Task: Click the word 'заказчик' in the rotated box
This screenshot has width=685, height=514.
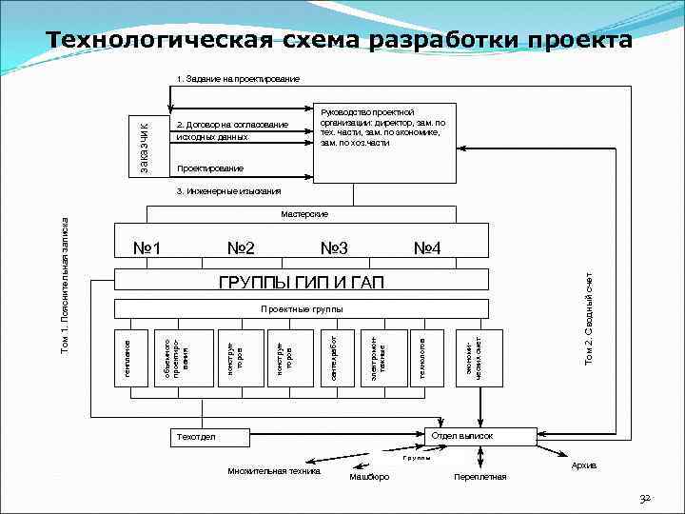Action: click(x=141, y=146)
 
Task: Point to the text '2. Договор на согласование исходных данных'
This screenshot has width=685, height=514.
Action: click(x=231, y=131)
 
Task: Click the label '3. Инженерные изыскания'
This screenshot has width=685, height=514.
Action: click(x=228, y=191)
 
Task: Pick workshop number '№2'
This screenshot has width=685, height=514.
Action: click(x=241, y=249)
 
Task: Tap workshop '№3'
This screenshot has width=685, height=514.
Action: click(x=334, y=249)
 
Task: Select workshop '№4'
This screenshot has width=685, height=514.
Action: click(x=425, y=249)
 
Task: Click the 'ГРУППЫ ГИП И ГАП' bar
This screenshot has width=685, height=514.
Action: click(x=301, y=282)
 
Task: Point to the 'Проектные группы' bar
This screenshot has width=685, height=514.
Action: click(x=301, y=309)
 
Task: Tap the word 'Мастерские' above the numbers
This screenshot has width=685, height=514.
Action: click(x=304, y=214)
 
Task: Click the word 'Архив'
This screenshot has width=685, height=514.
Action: click(x=584, y=465)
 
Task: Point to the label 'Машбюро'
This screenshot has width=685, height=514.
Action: click(x=369, y=476)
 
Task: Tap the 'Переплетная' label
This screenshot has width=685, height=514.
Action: click(x=480, y=476)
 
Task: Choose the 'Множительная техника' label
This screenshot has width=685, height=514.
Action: click(x=274, y=470)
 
